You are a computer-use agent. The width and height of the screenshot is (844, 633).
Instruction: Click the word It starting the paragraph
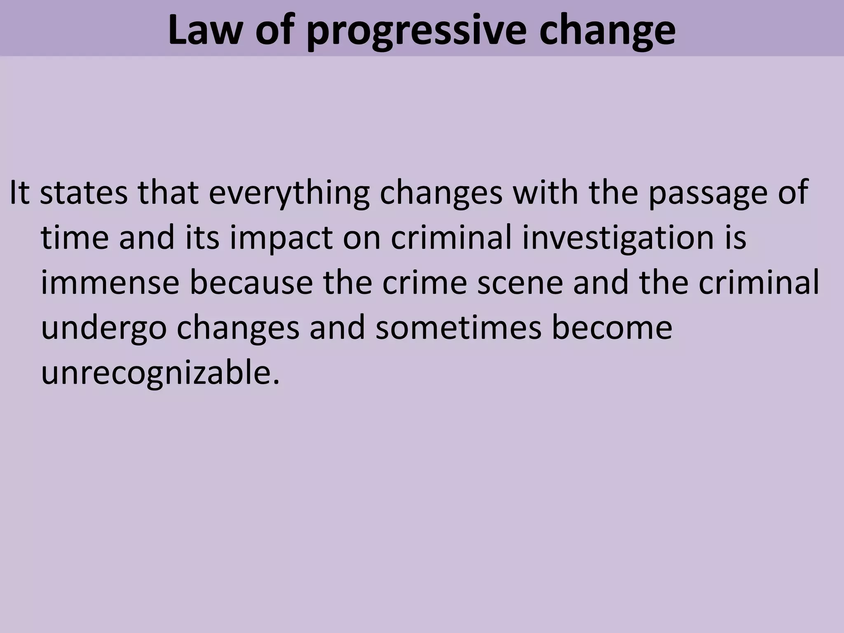[x=19, y=192]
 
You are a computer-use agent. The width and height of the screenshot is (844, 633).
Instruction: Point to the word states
[x=84, y=192]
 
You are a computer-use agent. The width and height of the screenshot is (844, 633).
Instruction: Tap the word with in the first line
[x=545, y=192]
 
